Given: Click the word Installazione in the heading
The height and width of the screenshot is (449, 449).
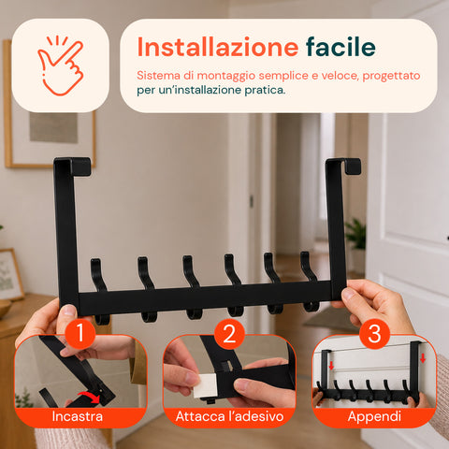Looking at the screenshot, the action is click(x=218, y=47).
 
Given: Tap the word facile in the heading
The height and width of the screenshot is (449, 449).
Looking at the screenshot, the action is click(x=340, y=47).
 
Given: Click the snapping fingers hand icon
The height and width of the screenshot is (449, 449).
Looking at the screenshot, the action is click(x=61, y=65).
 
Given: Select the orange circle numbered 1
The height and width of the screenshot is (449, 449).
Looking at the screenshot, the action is click(x=80, y=334).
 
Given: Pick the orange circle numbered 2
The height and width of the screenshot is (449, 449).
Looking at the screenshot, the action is click(x=229, y=334).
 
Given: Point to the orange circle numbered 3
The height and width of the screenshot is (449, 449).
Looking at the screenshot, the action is click(x=374, y=334).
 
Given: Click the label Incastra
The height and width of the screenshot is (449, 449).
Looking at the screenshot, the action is click(x=78, y=416).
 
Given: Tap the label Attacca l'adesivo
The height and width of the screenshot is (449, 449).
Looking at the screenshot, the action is click(x=229, y=416).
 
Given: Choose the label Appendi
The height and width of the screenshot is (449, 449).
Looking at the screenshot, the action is click(x=374, y=417).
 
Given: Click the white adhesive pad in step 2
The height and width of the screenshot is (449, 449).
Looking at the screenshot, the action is click(x=205, y=386).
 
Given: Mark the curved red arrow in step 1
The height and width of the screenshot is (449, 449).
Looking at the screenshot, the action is click(x=90, y=398).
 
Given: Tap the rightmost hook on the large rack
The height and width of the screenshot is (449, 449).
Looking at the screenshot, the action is click(x=310, y=281).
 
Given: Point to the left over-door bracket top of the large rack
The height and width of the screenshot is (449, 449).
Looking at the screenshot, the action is click(x=72, y=166).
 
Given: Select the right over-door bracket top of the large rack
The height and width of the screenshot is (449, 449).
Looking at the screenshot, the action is click(x=343, y=166).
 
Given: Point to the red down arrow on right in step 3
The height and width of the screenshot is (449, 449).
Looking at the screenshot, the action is click(x=423, y=358).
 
